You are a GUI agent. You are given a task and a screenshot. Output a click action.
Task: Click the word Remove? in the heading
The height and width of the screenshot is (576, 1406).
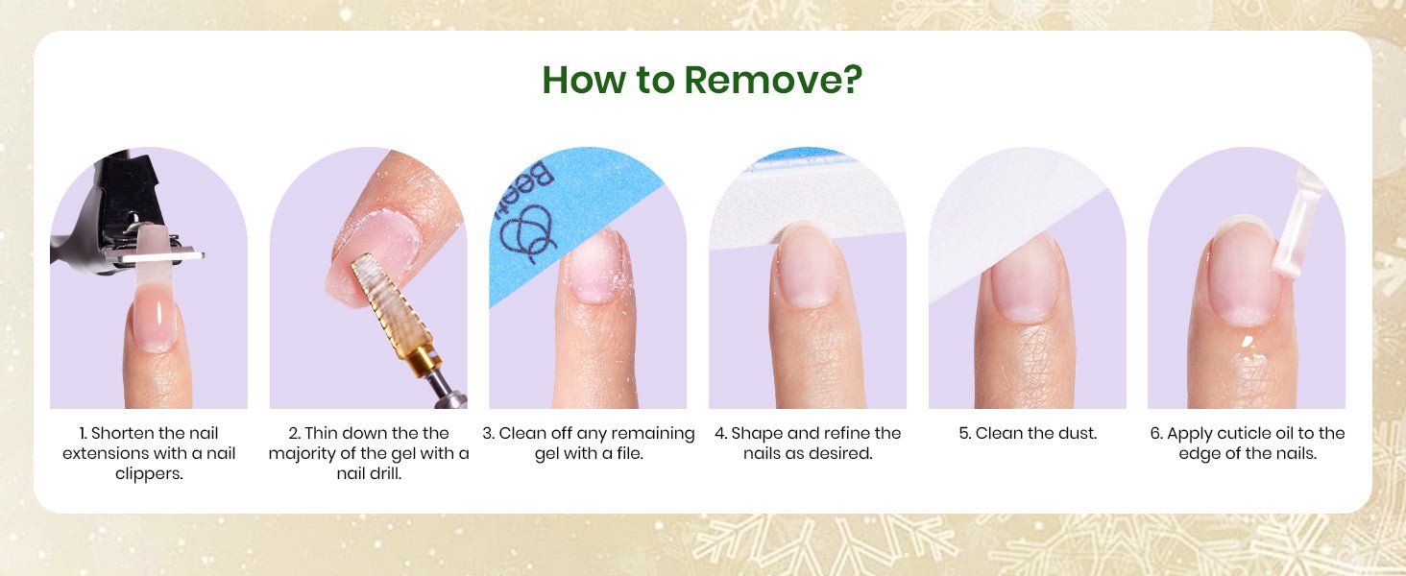[773, 81]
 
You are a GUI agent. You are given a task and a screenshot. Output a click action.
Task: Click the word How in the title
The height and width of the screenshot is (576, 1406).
[585, 81]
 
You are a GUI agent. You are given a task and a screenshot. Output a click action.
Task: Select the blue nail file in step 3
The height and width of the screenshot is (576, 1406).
[565, 213]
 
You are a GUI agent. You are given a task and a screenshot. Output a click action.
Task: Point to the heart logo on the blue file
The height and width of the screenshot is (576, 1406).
[527, 233]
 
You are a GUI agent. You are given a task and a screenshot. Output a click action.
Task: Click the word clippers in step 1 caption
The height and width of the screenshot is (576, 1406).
[149, 473]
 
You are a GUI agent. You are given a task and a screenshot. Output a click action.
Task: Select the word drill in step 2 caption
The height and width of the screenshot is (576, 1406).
[387, 473]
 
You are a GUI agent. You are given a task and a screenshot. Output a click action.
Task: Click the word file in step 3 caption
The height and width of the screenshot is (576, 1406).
[629, 453]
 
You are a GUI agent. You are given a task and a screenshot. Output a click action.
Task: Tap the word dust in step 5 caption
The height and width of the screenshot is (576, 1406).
[1078, 434]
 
